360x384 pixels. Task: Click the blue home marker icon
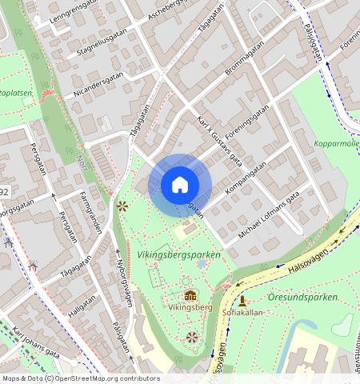pos(180,185)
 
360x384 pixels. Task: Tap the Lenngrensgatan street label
pos(75,10)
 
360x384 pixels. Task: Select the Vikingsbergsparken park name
pos(178,254)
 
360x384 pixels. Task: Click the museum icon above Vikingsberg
pos(190,295)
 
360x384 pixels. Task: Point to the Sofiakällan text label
pos(241,313)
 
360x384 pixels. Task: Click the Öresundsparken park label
pos(303,296)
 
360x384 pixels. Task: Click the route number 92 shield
pos(5,192)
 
